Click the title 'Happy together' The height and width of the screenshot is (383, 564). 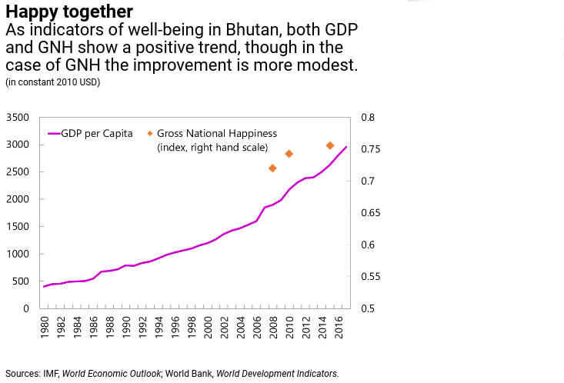click(x=68, y=12)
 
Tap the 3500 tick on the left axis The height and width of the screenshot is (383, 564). click(x=17, y=118)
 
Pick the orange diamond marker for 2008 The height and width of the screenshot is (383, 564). click(x=273, y=168)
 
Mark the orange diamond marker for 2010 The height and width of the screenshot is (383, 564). click(x=289, y=154)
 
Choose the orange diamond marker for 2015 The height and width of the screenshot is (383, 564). click(x=330, y=145)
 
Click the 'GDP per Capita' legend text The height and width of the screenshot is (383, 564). click(x=97, y=133)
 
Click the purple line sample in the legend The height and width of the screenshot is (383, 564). click(x=54, y=133)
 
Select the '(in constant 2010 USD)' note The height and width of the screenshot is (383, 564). click(x=52, y=82)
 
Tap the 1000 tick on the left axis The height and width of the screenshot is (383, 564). click(x=17, y=254)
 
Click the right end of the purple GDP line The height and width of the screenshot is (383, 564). click(x=346, y=147)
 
